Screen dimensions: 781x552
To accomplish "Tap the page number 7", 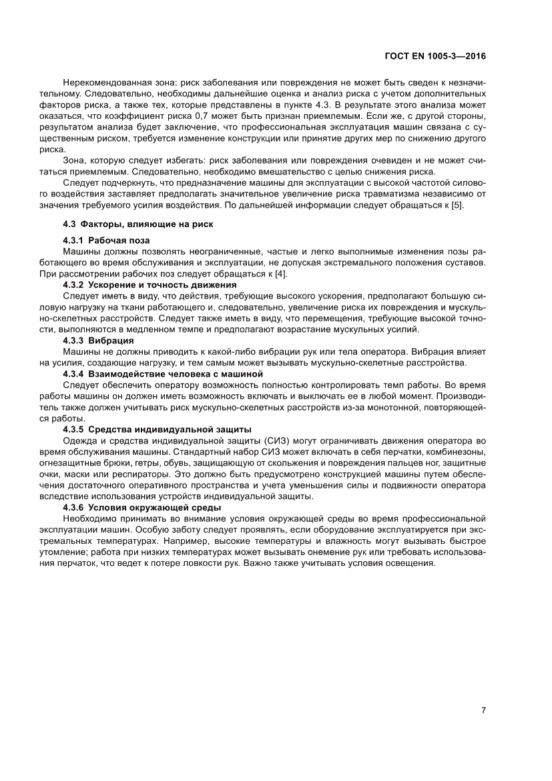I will point(483,710).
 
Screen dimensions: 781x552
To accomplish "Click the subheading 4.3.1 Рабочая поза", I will point(106,240).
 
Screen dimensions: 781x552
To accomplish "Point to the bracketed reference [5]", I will point(457,204).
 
